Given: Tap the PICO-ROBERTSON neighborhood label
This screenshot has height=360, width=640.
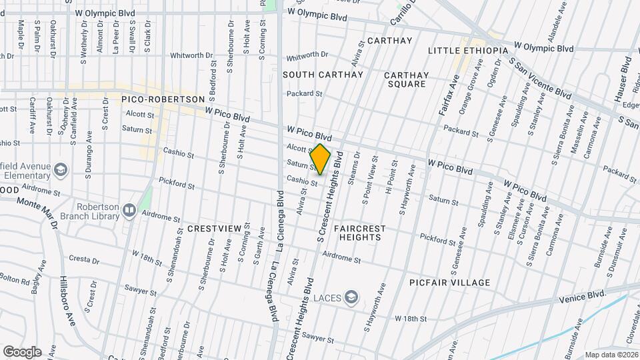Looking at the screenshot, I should (163, 99).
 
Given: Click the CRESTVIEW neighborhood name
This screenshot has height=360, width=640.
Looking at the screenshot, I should (214, 229).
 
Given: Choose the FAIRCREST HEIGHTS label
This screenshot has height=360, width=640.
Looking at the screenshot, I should (359, 233).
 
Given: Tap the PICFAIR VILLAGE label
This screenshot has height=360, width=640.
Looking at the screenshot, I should (450, 283).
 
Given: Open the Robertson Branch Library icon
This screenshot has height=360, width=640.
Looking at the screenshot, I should (129, 211).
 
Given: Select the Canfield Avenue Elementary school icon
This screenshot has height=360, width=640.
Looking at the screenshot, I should (61, 171).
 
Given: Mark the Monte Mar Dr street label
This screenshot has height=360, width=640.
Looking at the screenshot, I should (37, 212).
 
